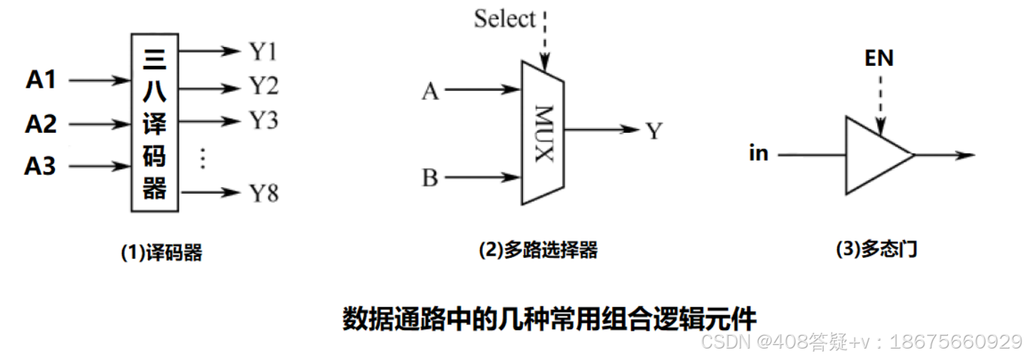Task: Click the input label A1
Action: click(41, 80)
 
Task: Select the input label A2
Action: click(41, 124)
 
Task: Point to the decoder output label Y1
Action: click(263, 51)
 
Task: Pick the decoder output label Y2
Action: click(263, 87)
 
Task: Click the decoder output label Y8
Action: click(263, 193)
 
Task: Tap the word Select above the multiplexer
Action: click(504, 19)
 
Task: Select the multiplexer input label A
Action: click(430, 91)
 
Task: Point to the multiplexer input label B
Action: click(430, 177)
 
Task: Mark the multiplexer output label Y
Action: click(654, 131)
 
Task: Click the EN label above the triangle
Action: click(879, 58)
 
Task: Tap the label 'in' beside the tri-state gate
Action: click(759, 153)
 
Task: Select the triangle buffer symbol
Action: click(875, 155)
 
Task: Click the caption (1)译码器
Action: click(161, 252)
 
